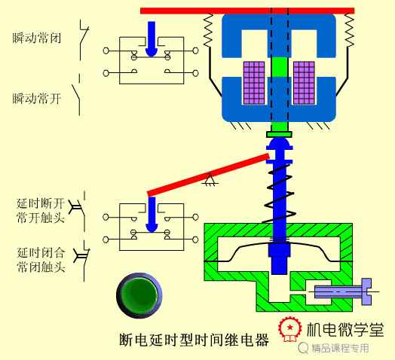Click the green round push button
pyautogui.click(x=139, y=295)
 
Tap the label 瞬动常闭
pyautogui.click(x=37, y=38)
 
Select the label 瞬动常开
pyautogui.click(x=37, y=99)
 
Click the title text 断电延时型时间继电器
pyautogui.click(x=194, y=340)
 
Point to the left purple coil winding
pyautogui.click(x=254, y=83)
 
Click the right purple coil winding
pyautogui.click(x=304, y=83)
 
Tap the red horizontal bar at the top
pyautogui.click(x=247, y=11)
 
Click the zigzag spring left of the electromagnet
pyautogui.click(x=208, y=30)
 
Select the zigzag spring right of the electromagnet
pyautogui.click(x=350, y=30)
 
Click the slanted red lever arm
pyautogui.click(x=208, y=175)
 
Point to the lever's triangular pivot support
pyautogui.click(x=210, y=180)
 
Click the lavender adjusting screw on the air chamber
pyautogui.click(x=343, y=291)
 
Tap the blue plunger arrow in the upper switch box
pyautogui.click(x=152, y=39)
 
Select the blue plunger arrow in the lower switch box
pyautogui.click(x=152, y=214)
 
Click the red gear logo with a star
pyautogui.click(x=290, y=328)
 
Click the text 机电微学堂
pyautogui.click(x=345, y=329)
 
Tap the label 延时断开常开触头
pyautogui.click(x=40, y=210)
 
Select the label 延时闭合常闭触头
pyautogui.click(x=41, y=260)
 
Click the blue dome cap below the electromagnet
pyautogui.click(x=280, y=143)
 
